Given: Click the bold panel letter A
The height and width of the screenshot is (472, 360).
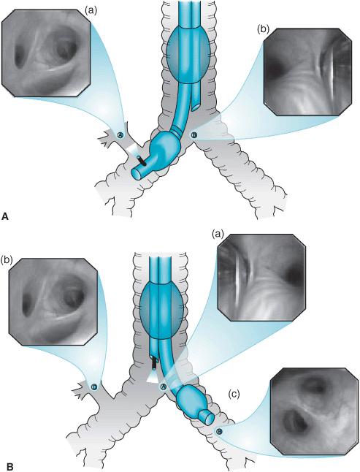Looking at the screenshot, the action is point(5,216).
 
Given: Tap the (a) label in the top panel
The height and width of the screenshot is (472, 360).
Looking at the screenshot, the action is point(91,11).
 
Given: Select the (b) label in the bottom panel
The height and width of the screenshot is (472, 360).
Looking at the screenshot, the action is point(7,259).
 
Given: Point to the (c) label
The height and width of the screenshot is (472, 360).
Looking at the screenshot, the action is point(234,395).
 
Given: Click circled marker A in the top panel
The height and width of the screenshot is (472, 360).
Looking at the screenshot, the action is point(120,135).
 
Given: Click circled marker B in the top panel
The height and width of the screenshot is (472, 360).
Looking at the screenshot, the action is point(194,135).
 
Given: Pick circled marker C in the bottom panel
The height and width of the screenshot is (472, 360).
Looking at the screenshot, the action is point(94,387).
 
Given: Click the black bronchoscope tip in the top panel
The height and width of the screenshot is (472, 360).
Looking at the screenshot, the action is point(142,161).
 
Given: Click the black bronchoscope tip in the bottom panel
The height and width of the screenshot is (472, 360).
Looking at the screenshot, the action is point(154,363).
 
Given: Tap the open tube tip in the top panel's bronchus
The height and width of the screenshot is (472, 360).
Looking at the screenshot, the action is point(138,174).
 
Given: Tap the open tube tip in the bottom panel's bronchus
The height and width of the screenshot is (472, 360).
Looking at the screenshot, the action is point(206,416).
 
